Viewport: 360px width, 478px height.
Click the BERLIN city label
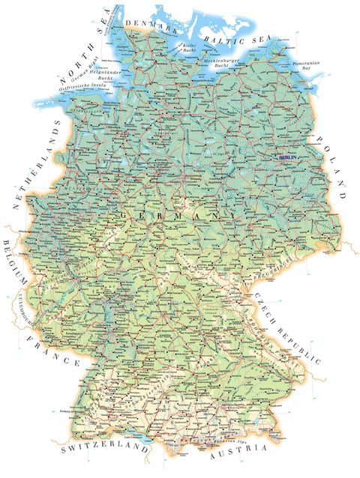coord(287,158)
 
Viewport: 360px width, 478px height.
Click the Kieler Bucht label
coord(189,48)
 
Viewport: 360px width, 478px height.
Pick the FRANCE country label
coord(54,351)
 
